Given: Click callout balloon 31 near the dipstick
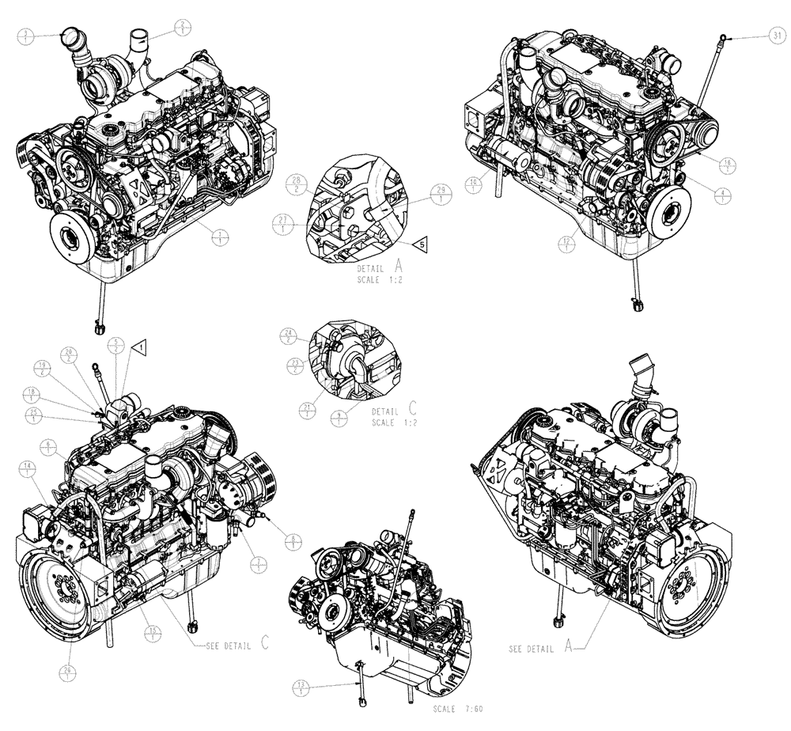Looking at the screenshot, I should coord(776,36).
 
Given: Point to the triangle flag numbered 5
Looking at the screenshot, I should coord(422,245).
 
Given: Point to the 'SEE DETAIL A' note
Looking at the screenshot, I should coord(543,648).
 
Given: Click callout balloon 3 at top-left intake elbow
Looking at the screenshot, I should coord(28,36).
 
